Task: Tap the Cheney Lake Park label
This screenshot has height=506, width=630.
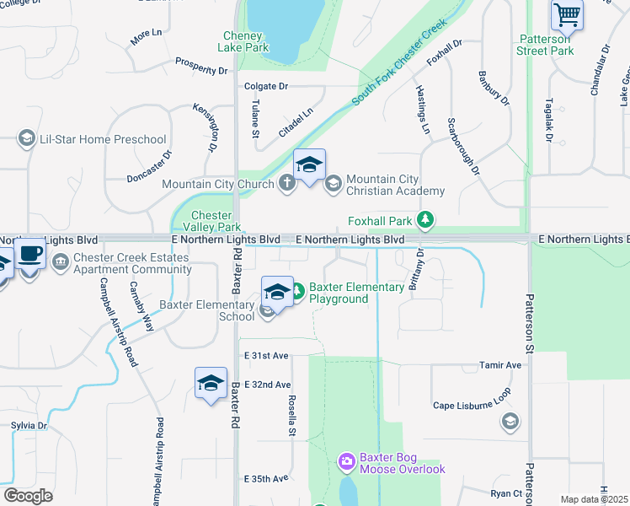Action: [246, 41]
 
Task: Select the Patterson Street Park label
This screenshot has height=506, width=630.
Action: [545, 45]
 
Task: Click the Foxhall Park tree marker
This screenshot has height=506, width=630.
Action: [426, 221]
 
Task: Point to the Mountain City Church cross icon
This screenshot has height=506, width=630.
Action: [286, 184]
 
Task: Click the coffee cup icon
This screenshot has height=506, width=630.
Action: [29, 253]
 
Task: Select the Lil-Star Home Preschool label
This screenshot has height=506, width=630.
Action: [103, 139]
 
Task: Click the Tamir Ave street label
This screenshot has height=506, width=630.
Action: [501, 365]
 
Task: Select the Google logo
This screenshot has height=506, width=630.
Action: [28, 496]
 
